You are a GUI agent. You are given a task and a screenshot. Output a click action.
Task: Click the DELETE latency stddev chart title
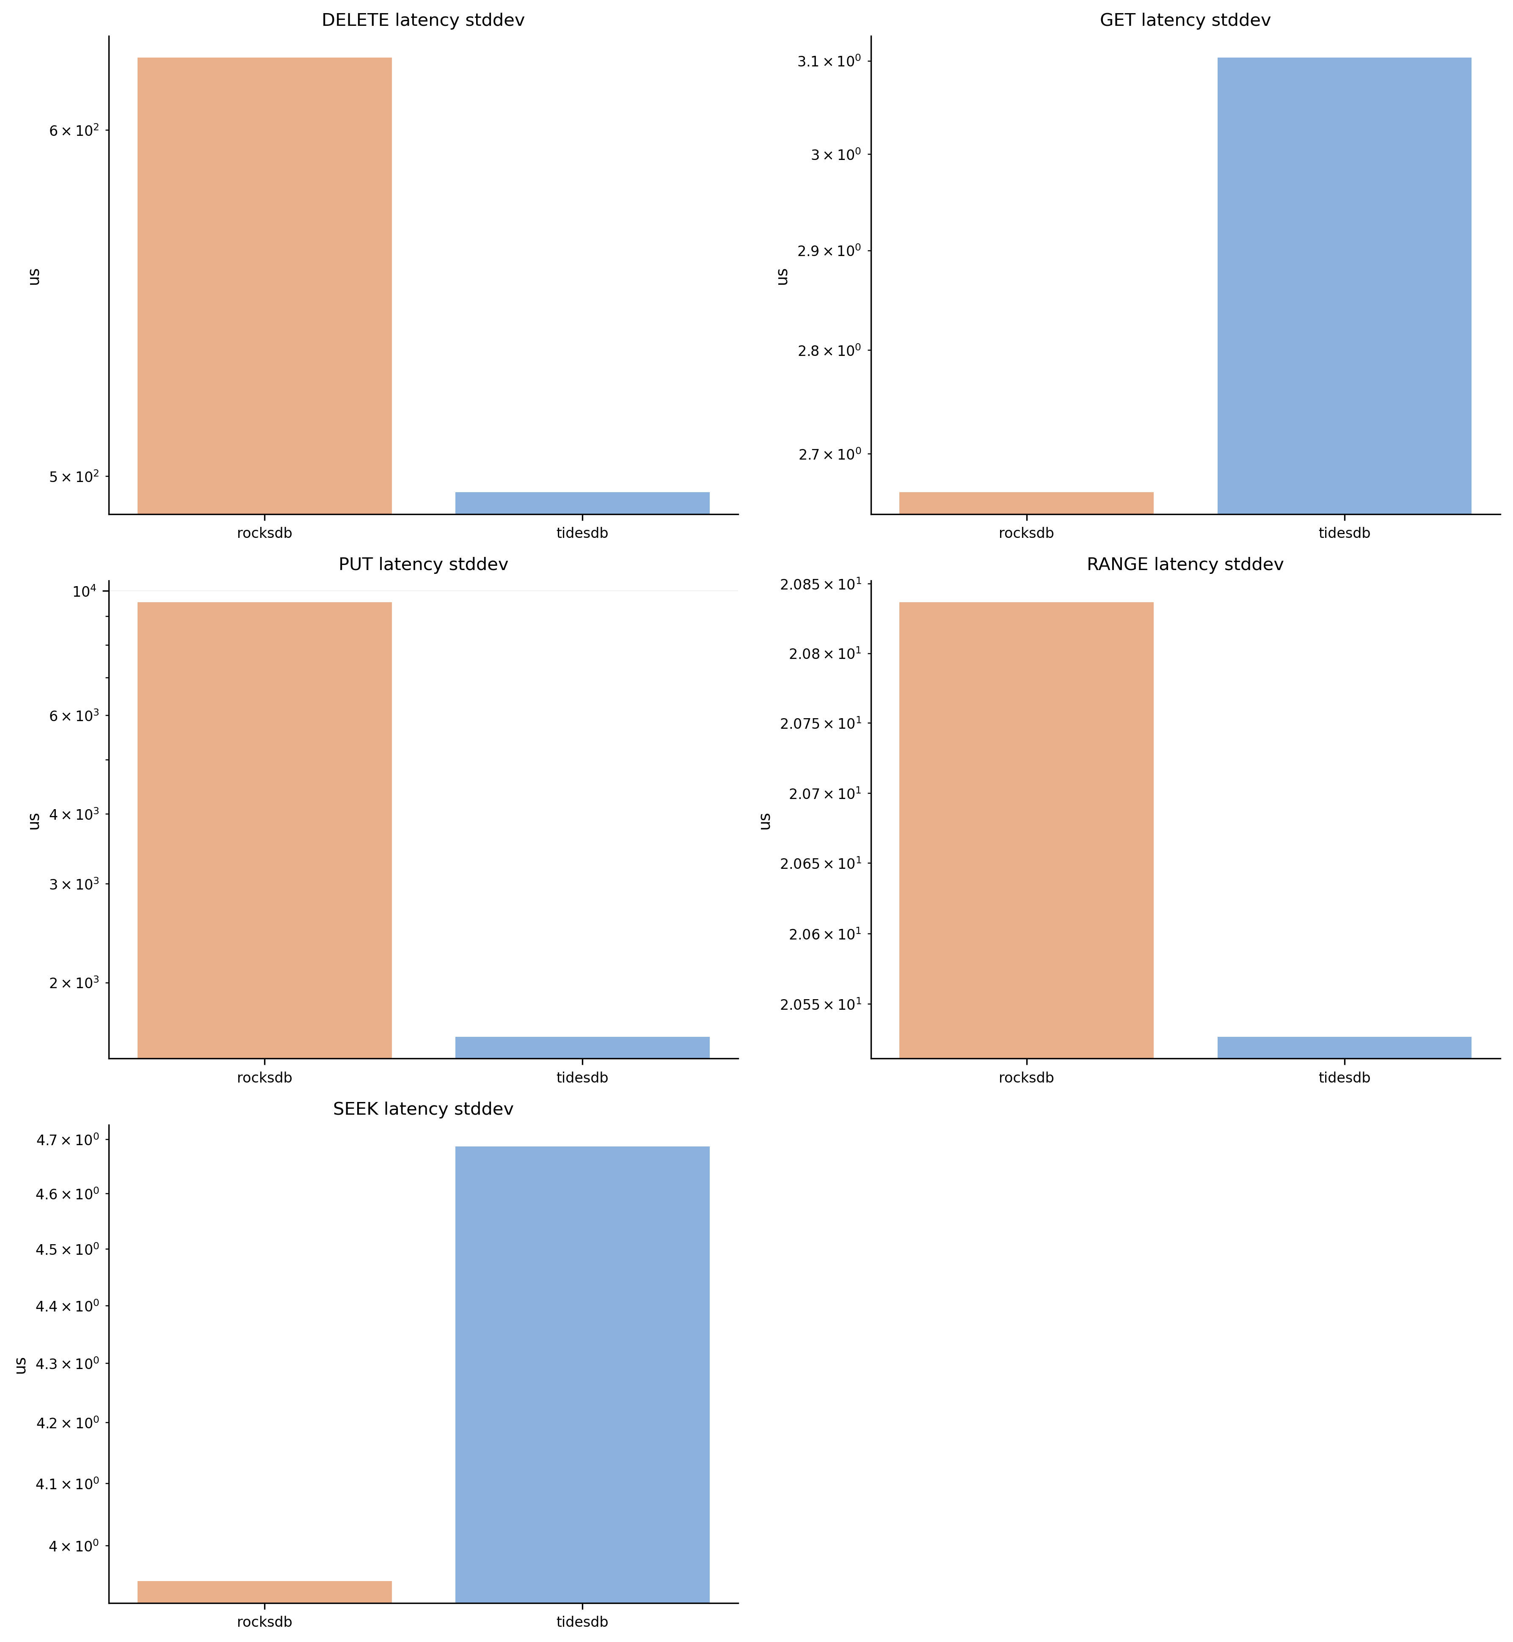point(422,20)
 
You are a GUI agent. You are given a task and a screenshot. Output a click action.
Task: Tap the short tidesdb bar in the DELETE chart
point(582,503)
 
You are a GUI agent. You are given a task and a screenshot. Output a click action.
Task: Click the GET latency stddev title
point(1185,20)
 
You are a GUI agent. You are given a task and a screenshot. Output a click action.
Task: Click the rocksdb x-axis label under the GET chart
point(1026,533)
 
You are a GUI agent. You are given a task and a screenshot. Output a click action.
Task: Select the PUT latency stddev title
point(422,565)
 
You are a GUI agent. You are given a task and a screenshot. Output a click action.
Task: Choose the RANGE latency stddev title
point(1185,565)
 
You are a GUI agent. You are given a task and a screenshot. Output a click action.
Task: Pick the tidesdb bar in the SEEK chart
point(582,1375)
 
